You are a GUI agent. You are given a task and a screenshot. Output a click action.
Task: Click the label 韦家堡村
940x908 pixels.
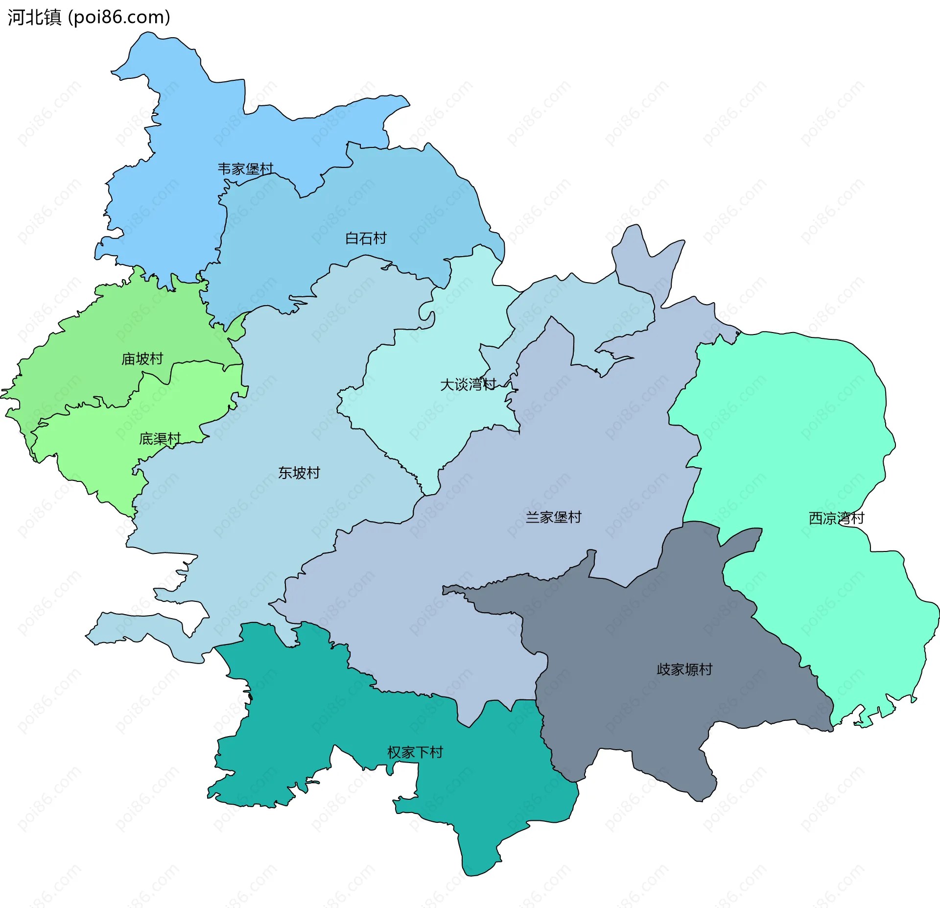point(245,169)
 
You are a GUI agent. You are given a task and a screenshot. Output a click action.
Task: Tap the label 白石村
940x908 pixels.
point(366,239)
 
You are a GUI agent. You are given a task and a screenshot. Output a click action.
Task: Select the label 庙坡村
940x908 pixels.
point(142,359)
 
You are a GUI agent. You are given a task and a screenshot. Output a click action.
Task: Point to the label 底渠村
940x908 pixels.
point(160,439)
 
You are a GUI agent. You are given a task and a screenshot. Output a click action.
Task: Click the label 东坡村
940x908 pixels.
point(299,473)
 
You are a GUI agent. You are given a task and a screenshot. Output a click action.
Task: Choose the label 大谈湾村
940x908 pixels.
point(468,384)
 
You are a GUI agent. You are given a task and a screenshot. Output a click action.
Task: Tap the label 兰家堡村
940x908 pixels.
point(553,517)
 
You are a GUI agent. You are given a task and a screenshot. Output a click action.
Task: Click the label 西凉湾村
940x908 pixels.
point(836,518)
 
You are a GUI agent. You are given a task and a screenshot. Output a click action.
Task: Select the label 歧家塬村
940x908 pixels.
point(684,669)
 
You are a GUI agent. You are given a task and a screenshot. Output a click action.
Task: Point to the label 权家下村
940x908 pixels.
point(415,752)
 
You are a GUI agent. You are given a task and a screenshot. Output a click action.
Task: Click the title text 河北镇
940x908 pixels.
point(34,17)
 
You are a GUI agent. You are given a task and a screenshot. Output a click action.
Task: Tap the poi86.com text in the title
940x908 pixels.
point(119,17)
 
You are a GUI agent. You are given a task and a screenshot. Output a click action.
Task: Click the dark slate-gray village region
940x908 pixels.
point(636,637)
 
